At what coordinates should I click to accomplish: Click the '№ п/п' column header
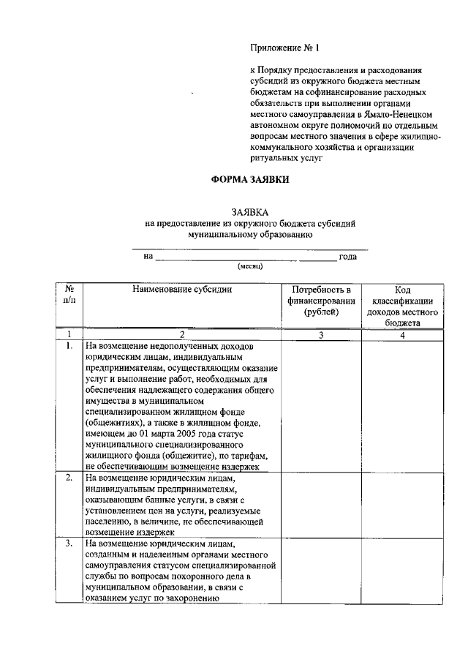click(69, 294)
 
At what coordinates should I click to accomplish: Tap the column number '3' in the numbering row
click(322, 334)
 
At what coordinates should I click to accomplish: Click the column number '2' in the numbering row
click(182, 334)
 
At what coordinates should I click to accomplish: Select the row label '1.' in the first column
click(68, 345)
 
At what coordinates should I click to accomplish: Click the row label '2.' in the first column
click(68, 478)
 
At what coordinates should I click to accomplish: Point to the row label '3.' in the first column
click(68, 544)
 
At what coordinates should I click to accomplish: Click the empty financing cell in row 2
click(322, 505)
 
